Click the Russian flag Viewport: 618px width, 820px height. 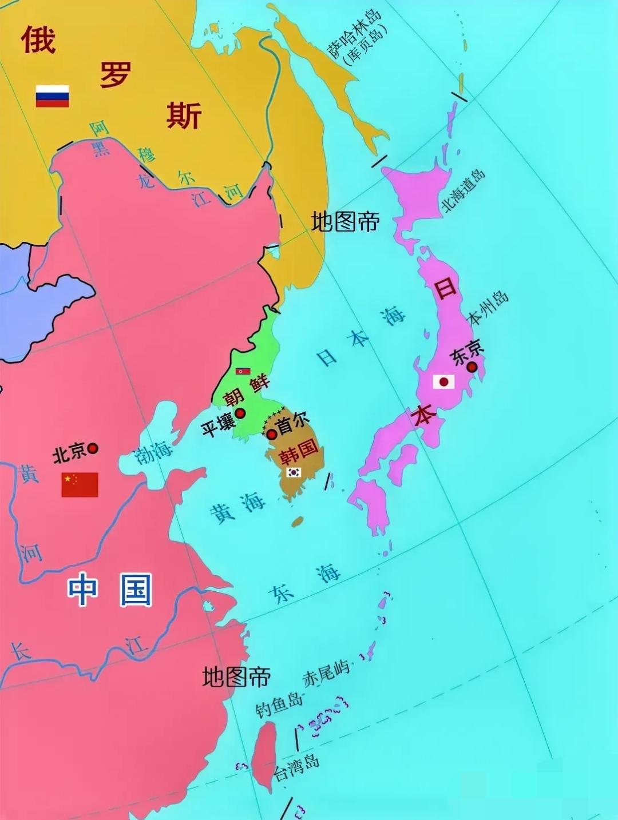53,96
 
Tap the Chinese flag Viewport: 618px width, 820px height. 80,484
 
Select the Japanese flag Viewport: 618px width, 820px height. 443,381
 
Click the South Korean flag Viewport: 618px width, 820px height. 294,472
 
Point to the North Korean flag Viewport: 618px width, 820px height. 243,371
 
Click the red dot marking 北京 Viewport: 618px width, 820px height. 92,448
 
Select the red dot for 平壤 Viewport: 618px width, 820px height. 240,413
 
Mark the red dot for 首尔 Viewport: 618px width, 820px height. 272,434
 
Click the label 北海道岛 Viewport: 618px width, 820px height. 462,190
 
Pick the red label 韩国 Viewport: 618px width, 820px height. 298,450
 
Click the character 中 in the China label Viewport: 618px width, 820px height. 82,590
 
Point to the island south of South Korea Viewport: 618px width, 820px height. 297,522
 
